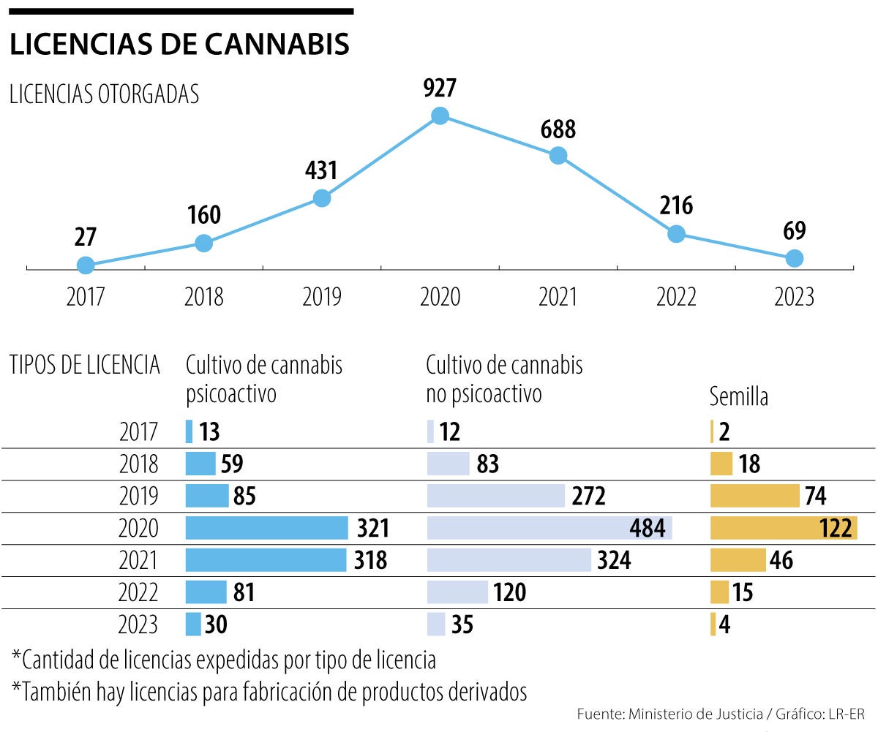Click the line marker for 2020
440,116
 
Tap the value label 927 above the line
440,88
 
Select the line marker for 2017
86,265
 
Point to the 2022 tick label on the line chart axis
676,297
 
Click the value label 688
558,130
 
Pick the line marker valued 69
794,258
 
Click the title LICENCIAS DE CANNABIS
179,45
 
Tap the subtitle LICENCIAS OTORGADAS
104,95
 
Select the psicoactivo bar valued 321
266,528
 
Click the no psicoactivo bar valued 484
549,528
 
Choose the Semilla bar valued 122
783,528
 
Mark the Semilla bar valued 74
754,496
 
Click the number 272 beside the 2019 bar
588,497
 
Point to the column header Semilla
739,397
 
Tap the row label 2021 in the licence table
138,561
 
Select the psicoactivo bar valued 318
266,560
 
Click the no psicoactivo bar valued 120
457,592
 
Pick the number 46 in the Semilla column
781,561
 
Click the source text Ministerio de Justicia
689,713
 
